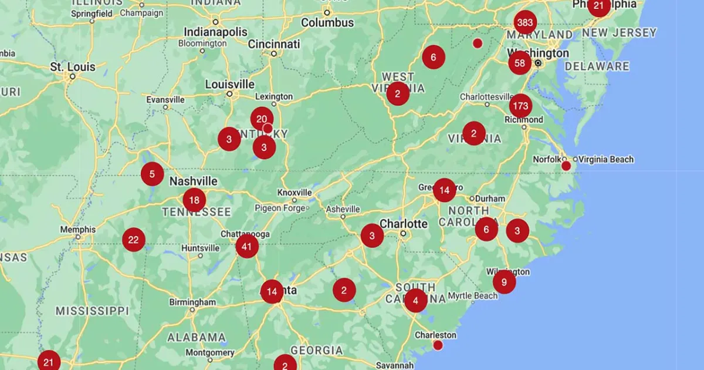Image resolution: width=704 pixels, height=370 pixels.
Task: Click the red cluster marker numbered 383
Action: click(525, 23)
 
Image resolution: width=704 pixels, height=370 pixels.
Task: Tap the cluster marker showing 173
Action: click(520, 106)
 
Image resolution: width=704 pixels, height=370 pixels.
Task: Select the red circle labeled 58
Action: click(520, 63)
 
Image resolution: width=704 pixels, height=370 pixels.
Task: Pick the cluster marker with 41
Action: click(247, 247)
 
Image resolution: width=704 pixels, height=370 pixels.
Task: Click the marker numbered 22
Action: click(134, 240)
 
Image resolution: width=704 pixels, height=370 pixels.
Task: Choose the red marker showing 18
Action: click(194, 200)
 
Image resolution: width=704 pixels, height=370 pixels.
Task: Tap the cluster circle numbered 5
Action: click(152, 174)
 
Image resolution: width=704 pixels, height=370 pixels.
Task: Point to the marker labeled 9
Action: click(504, 282)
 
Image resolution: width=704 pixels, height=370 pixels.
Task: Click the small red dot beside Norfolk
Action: click(566, 166)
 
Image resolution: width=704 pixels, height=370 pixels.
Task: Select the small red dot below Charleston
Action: click(438, 345)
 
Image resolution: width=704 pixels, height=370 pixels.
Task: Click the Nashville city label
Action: click(193, 181)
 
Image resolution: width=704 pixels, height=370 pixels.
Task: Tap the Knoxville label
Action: click(295, 193)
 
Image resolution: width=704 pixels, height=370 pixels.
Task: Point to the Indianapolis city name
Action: click(216, 31)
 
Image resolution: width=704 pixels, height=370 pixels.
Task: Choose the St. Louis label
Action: click(73, 67)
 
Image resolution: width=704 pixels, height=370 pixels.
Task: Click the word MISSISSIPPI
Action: click(92, 310)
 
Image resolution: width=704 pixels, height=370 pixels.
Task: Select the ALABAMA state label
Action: click(196, 337)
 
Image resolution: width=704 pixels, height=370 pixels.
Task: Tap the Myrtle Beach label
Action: click(472, 295)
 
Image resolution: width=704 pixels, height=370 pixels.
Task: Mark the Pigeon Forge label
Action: click(280, 208)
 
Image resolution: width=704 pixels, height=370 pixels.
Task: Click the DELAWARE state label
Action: click(597, 66)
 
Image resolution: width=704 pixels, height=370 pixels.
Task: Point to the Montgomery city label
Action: click(209, 352)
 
